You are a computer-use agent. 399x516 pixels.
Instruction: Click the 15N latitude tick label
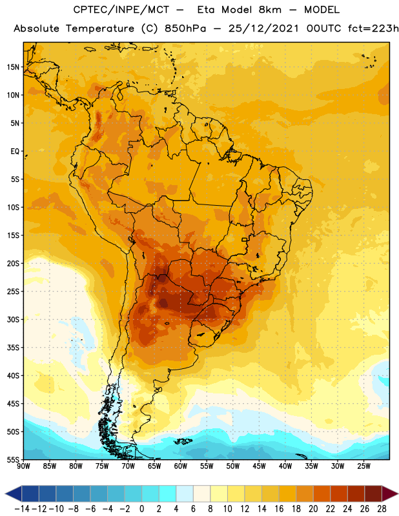[13, 67]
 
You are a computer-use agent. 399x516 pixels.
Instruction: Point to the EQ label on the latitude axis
[15, 152]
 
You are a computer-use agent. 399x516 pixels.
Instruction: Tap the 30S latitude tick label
[13, 319]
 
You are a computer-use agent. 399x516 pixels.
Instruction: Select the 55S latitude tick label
[13, 460]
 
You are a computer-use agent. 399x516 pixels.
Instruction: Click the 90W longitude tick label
[23, 466]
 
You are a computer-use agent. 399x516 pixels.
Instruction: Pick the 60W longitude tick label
[181, 466]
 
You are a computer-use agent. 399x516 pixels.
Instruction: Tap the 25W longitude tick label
[363, 466]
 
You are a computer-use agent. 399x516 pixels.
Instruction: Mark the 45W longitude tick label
[259, 466]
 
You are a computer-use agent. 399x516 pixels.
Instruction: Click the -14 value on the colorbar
[22, 509]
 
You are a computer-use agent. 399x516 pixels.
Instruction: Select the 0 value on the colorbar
[141, 509]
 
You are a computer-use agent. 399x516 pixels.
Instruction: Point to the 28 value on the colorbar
[382, 509]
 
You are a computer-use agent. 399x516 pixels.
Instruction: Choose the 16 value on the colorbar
[279, 509]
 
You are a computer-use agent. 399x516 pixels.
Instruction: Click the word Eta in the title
[206, 10]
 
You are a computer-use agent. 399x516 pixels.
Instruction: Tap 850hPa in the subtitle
[185, 28]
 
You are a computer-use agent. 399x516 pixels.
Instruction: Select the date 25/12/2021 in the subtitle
[263, 28]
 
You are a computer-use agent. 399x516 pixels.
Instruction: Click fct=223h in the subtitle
[373, 28]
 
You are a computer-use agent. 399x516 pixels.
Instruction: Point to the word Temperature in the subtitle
[100, 29]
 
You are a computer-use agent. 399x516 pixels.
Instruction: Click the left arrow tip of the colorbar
[5, 494]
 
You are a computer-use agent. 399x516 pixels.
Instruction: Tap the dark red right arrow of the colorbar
[390, 494]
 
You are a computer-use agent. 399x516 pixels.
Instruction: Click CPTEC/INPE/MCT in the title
[121, 10]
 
